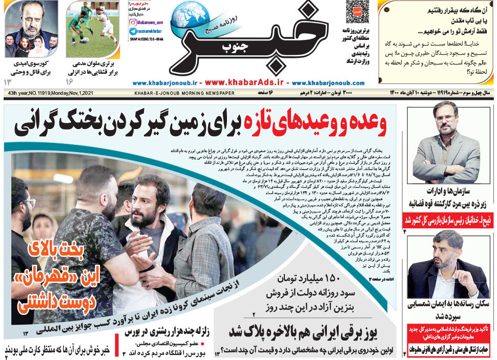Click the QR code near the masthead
click(x=357, y=12)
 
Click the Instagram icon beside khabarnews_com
click(x=133, y=22)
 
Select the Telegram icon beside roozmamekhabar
click(x=133, y=31)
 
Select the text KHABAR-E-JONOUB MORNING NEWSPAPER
click(x=184, y=93)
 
